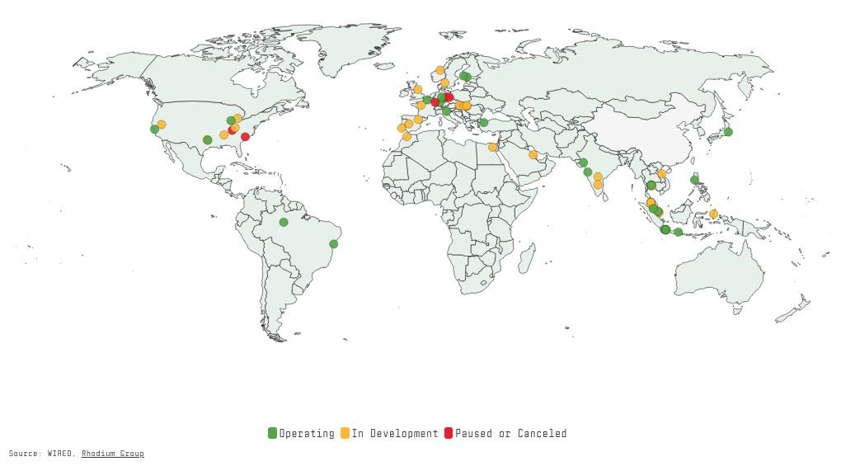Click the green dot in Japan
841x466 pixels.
pyautogui.click(x=728, y=132)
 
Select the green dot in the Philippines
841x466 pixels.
pyautogui.click(x=694, y=180)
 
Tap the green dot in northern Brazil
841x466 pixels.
pyautogui.click(x=284, y=222)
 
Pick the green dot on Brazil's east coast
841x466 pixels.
pyautogui.click(x=333, y=244)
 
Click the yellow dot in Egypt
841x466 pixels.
pyautogui.click(x=492, y=148)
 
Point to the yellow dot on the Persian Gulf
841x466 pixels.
pyautogui.click(x=533, y=154)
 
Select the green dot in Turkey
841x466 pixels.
pyautogui.click(x=484, y=123)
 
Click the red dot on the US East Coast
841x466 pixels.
pyautogui.click(x=245, y=137)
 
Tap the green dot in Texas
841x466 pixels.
pyautogui.click(x=207, y=140)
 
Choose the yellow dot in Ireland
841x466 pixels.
pyautogui.click(x=418, y=89)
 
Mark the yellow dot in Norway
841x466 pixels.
pyautogui.click(x=439, y=70)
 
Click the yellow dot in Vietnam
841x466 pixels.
pyautogui.click(x=661, y=174)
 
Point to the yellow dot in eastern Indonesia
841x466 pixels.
pyautogui.click(x=713, y=214)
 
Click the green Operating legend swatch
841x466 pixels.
pyautogui.click(x=272, y=433)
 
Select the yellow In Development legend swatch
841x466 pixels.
pyautogui.click(x=345, y=433)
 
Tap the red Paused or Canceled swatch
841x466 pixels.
pyautogui.click(x=449, y=433)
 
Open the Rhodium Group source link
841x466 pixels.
pyautogui.click(x=112, y=454)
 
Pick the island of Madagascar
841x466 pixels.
pyautogui.click(x=526, y=258)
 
